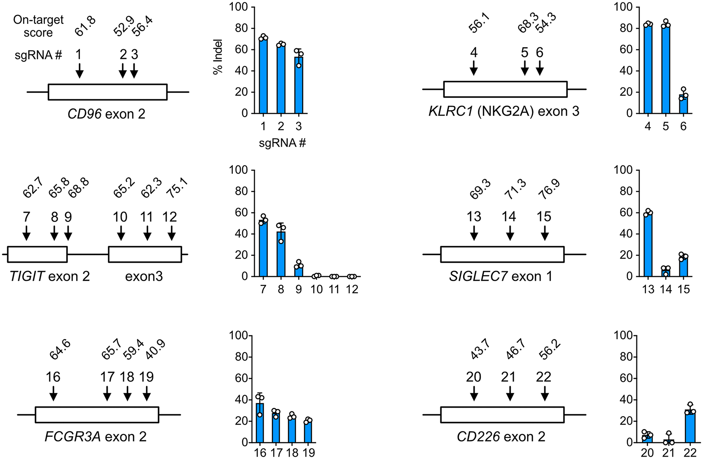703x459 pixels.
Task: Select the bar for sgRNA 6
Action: click(x=683, y=104)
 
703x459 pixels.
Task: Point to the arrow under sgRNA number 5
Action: click(x=524, y=68)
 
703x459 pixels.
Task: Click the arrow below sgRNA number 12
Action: click(x=171, y=233)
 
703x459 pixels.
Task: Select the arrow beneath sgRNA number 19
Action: click(x=147, y=393)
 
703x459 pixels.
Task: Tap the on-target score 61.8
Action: click(x=85, y=26)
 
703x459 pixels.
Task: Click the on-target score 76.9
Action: click(x=549, y=189)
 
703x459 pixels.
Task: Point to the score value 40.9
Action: click(x=155, y=350)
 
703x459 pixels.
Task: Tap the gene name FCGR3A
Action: click(x=73, y=437)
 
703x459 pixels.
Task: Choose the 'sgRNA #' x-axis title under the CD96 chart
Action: click(x=282, y=143)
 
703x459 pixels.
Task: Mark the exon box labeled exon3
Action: click(x=145, y=255)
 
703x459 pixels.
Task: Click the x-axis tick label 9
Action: click(x=298, y=289)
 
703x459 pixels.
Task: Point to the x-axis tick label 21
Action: click(x=668, y=453)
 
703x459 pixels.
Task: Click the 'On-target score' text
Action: click(x=39, y=26)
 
